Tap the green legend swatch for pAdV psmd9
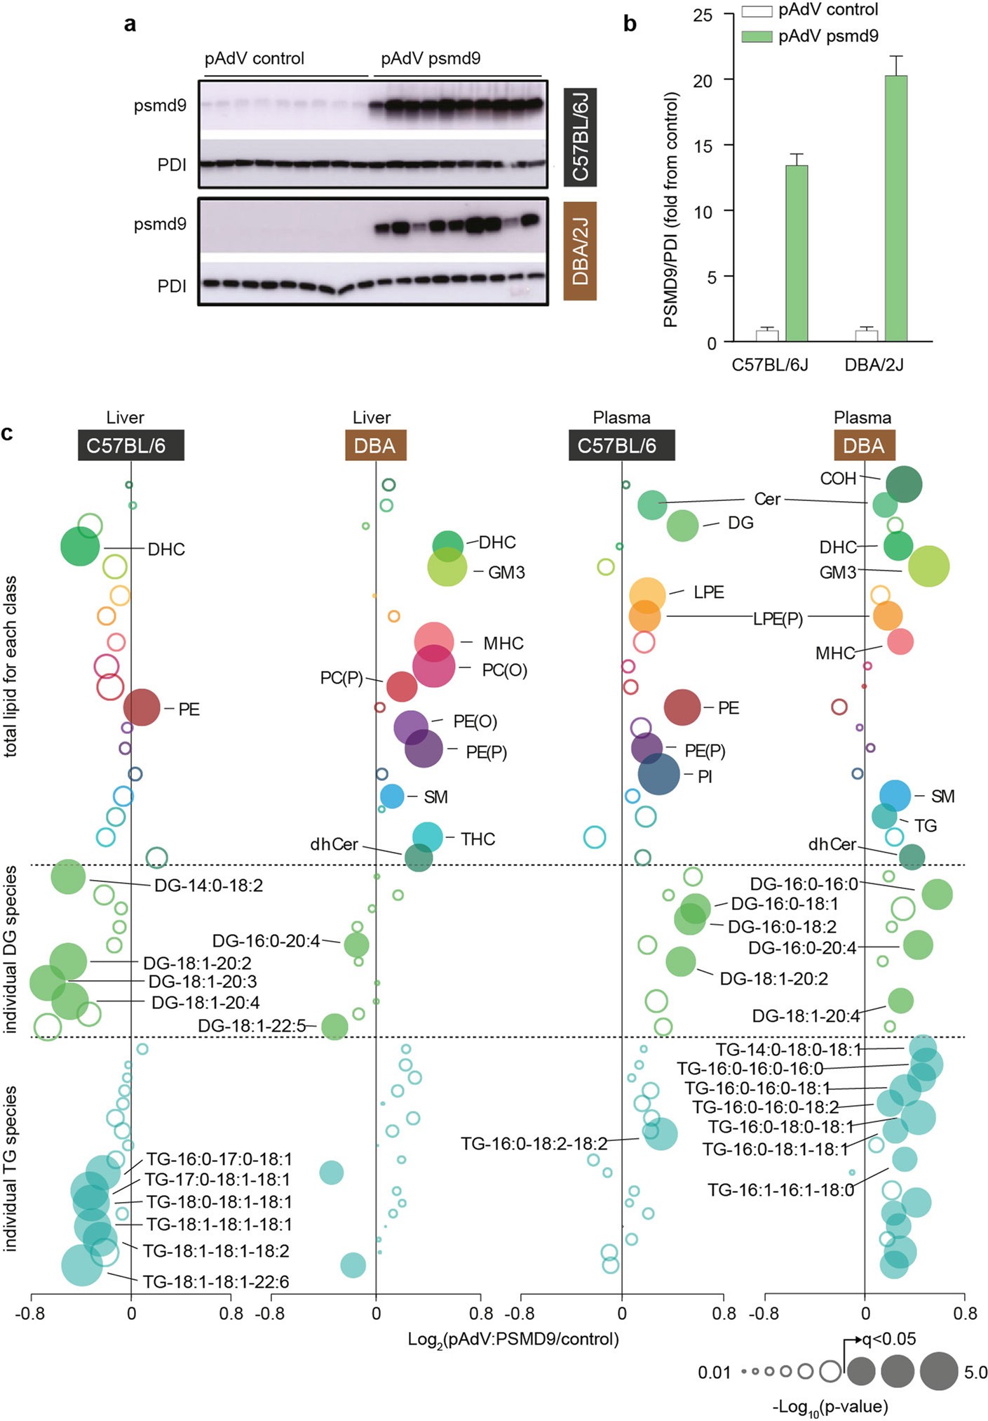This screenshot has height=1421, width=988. pos(757,36)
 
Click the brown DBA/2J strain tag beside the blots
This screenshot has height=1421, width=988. pos(580,251)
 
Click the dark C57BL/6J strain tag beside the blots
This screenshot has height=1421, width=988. pos(580,137)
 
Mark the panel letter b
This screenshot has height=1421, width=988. pos(630,24)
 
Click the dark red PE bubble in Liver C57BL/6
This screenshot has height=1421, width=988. pos(142,707)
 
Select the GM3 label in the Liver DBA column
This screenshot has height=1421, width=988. pos(506,573)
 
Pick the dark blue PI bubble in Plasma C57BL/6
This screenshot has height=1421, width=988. pos(658,774)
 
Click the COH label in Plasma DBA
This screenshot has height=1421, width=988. pos(838,479)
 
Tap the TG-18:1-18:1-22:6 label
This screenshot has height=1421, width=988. pos(216,1282)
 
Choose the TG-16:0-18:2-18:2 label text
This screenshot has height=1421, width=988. pos(534,1144)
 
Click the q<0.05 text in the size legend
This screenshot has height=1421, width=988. pos(889,1339)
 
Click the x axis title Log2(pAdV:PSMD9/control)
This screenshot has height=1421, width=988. pos(513,1340)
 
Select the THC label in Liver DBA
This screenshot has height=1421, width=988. pos(478,839)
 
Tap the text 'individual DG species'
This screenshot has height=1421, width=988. pos(10,950)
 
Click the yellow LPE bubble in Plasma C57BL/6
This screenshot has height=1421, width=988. pos(647,594)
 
